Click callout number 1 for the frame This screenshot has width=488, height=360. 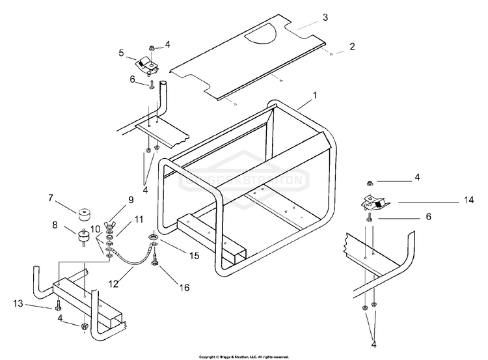[315, 95]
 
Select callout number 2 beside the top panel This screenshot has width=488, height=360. [352, 46]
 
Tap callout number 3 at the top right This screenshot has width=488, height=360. [325, 17]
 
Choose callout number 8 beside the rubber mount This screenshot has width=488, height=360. [54, 226]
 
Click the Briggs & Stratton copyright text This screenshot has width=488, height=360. [243, 357]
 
